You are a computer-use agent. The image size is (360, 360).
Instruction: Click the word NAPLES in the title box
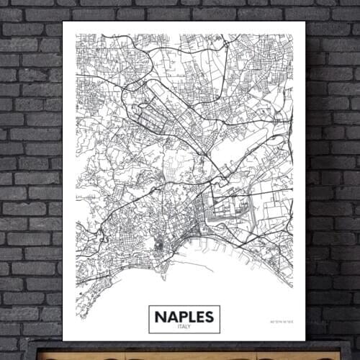point(184,316)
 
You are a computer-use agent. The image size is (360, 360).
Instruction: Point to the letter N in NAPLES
point(160,316)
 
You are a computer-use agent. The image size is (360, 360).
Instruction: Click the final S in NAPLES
point(207,316)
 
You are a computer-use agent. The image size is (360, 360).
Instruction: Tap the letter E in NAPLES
point(197,316)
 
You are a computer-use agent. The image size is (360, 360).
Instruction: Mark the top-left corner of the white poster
point(63,22)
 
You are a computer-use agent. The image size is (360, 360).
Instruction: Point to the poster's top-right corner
point(305,22)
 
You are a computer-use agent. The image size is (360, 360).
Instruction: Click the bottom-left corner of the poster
point(63,341)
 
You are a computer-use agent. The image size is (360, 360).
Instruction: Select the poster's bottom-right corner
point(305,341)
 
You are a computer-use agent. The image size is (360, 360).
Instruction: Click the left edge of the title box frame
point(149,319)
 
